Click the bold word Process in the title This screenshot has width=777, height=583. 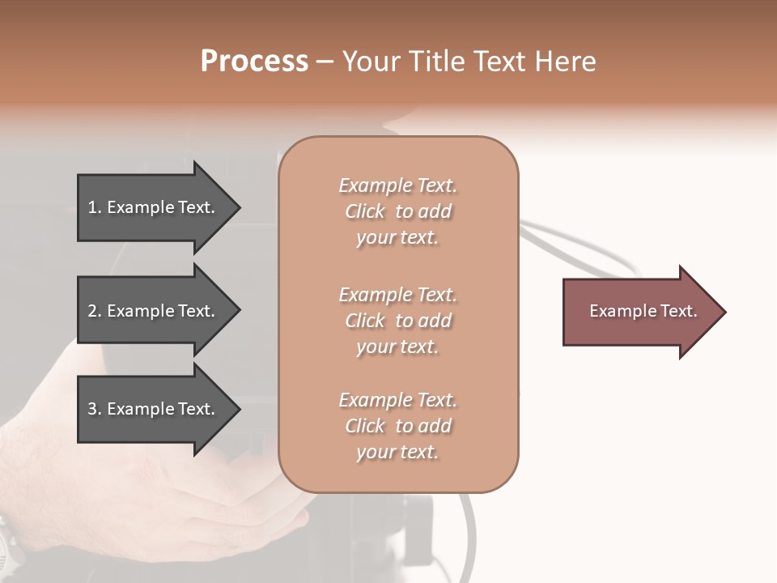pyautogui.click(x=254, y=61)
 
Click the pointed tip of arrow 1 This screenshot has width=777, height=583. pyautogui.click(x=237, y=207)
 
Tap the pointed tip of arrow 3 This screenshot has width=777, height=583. pyautogui.click(x=237, y=409)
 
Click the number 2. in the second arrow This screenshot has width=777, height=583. pyautogui.click(x=95, y=311)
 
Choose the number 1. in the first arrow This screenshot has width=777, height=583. pyautogui.click(x=95, y=207)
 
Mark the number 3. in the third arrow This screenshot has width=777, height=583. pyautogui.click(x=95, y=409)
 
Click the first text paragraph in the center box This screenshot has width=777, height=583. pyautogui.click(x=397, y=211)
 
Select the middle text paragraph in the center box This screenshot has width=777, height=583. pyautogui.click(x=397, y=321)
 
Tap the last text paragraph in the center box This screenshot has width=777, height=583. pyautogui.click(x=397, y=426)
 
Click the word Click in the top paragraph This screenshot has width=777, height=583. pyautogui.click(x=365, y=211)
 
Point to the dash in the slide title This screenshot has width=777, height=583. pyautogui.click(x=325, y=62)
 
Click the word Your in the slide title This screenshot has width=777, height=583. pyautogui.click(x=370, y=61)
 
